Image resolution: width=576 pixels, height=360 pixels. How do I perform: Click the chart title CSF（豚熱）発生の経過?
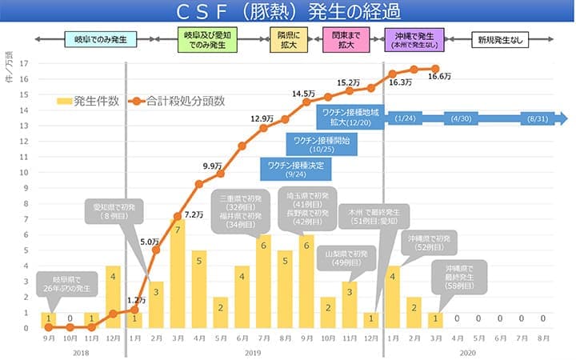288,12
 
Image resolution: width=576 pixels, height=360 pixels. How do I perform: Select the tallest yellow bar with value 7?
178,272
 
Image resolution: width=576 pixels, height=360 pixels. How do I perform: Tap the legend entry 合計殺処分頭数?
184,101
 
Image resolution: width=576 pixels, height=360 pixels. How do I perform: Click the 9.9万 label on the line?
211,166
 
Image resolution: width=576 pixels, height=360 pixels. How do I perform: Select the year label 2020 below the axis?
468,351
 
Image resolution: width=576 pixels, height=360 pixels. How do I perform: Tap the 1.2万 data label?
136,300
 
